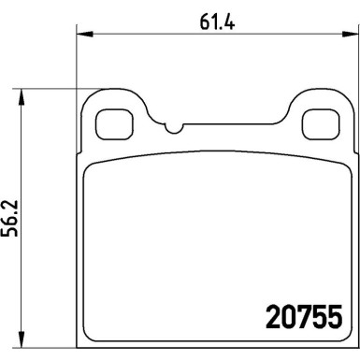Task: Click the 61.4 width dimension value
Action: (217, 22)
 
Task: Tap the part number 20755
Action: (304, 316)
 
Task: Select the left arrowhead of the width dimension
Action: (85, 34)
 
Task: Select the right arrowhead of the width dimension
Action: (349, 34)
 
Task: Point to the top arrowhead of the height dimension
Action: (22, 97)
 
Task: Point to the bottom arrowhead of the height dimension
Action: (22, 339)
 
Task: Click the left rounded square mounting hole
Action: (114, 124)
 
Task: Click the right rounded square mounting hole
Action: (321, 124)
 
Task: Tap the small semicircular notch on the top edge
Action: (174, 131)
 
